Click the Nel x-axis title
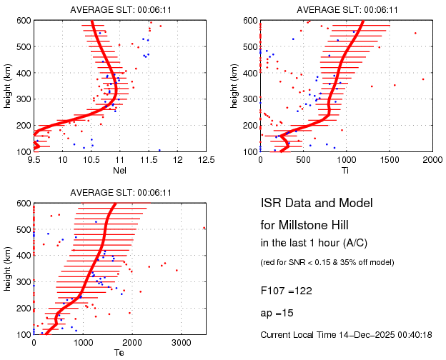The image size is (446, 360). pyautogui.click(x=120, y=170)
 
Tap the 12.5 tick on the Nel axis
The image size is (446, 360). pyautogui.click(x=206, y=159)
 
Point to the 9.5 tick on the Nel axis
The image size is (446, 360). pyautogui.click(x=34, y=159)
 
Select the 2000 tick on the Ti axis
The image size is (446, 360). pyautogui.click(x=432, y=159)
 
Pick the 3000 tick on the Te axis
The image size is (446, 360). pyautogui.click(x=182, y=342)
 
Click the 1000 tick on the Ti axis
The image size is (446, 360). pyautogui.click(x=347, y=159)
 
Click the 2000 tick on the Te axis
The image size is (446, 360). pyautogui.click(x=132, y=342)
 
